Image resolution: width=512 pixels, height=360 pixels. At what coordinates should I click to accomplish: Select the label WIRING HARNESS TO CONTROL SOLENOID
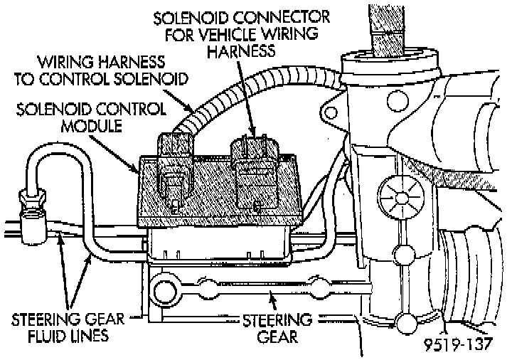click(x=112, y=70)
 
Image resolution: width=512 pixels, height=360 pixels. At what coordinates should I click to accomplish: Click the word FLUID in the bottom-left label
click(x=41, y=334)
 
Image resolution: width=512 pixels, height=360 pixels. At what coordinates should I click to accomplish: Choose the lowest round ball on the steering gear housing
click(x=406, y=324)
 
